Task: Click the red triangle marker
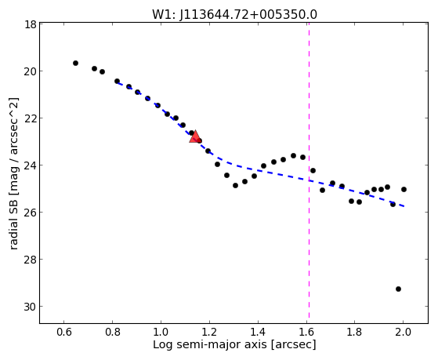(195, 136)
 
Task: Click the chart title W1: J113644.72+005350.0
(234, 14)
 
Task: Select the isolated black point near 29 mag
(398, 289)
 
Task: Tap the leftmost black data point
(75, 64)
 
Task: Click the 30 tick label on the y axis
(30, 307)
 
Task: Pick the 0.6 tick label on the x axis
(64, 333)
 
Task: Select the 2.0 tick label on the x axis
(403, 333)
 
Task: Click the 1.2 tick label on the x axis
(209, 333)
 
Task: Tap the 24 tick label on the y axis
(30, 165)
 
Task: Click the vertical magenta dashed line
(309, 170)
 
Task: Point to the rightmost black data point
(404, 189)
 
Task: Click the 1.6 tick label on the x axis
(306, 333)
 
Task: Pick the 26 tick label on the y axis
(30, 213)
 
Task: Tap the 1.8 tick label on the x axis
(355, 333)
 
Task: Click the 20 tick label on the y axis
(30, 71)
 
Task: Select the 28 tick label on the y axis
(30, 260)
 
